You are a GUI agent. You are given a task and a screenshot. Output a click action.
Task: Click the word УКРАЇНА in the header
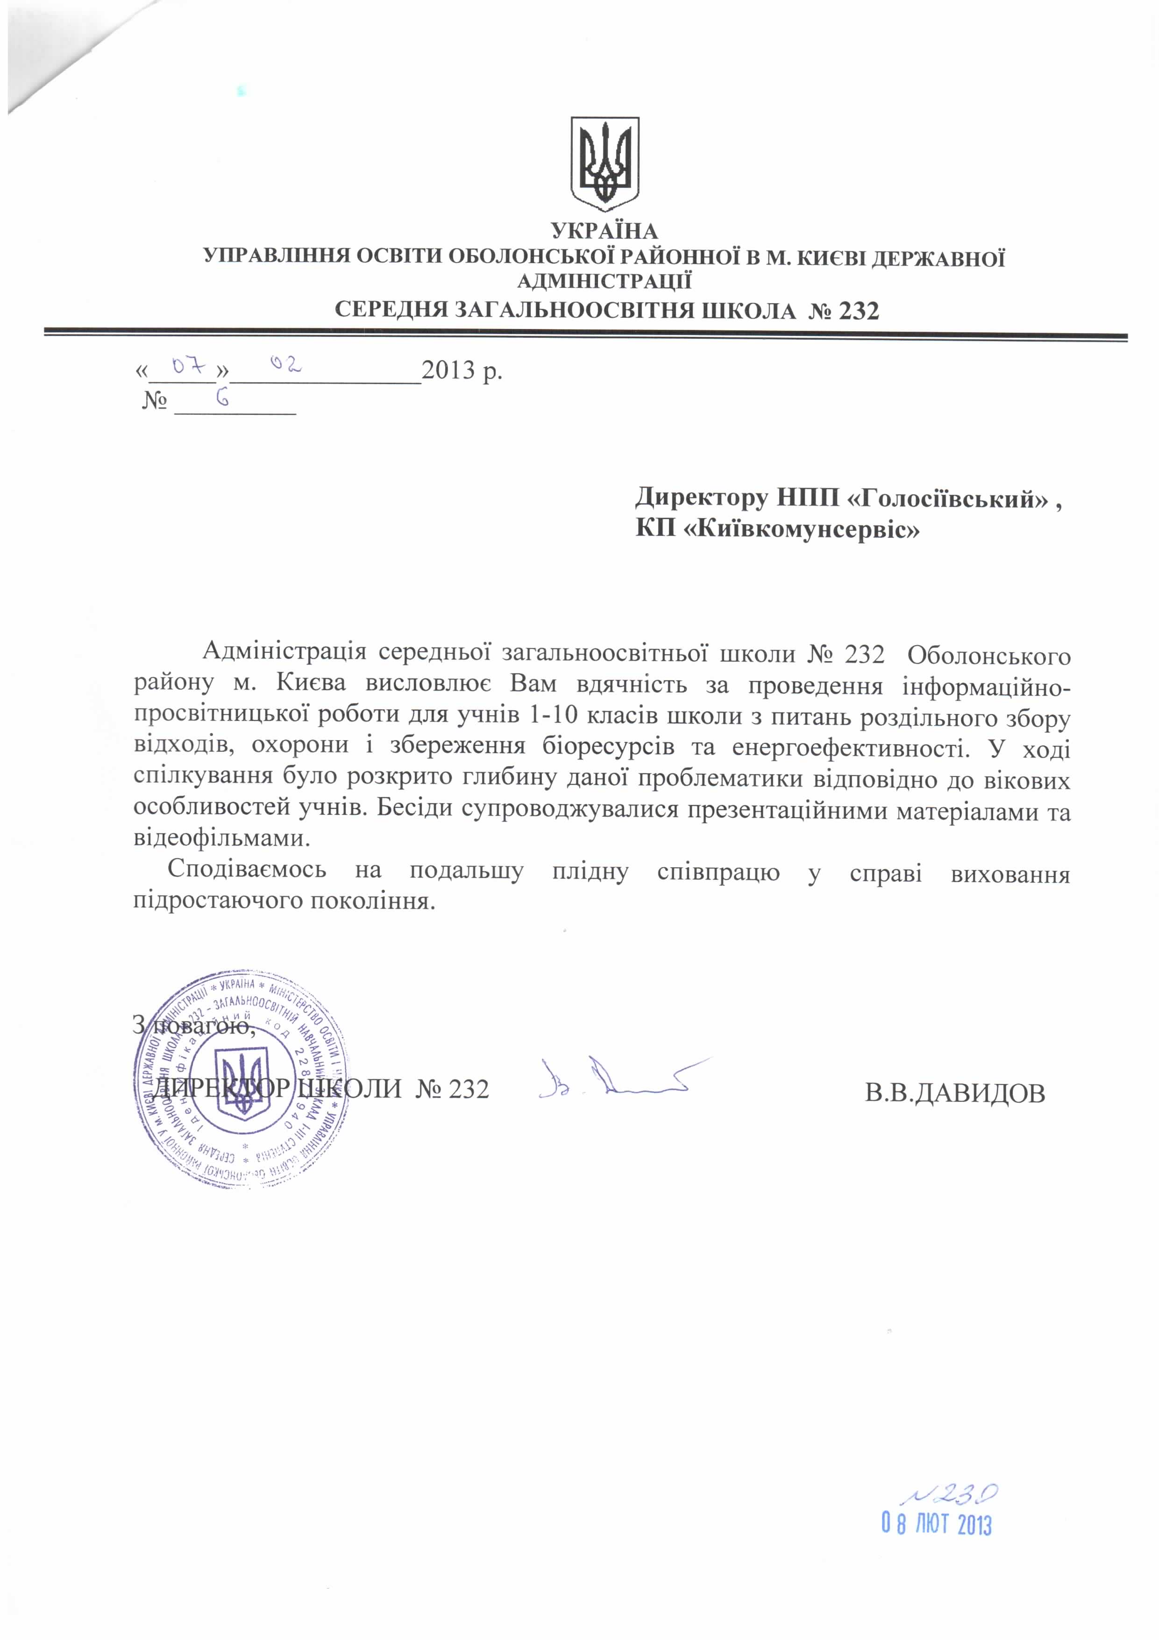tap(604, 231)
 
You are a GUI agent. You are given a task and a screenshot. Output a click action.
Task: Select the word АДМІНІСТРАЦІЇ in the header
tap(604, 281)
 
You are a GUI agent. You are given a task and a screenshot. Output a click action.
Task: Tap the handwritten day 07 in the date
tap(190, 368)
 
